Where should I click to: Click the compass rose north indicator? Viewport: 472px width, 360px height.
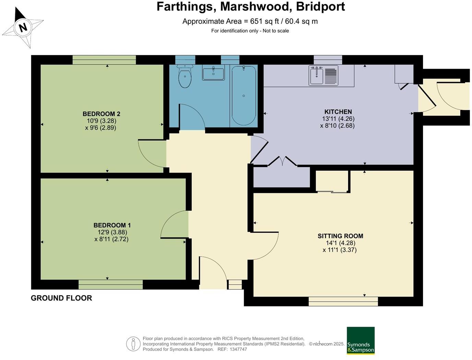[x=23, y=27]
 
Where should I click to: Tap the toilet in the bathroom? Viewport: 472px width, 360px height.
[x=185, y=77]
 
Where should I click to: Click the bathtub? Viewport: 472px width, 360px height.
[x=244, y=95]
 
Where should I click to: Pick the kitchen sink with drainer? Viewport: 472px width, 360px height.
[x=323, y=76]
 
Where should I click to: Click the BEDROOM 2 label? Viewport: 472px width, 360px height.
[x=101, y=114]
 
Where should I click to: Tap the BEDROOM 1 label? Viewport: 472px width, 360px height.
[x=112, y=225]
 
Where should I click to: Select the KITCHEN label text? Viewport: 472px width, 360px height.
[x=338, y=112]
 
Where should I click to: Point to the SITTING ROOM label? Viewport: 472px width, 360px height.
[x=340, y=236]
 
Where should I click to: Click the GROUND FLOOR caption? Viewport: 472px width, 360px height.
[x=61, y=298]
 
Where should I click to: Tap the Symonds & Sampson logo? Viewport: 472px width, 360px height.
[x=361, y=340]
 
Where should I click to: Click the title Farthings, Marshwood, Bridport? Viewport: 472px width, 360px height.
[x=251, y=7]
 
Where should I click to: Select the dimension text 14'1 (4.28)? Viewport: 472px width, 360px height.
[x=340, y=243]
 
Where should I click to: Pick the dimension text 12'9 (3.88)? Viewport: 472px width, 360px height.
[x=112, y=232]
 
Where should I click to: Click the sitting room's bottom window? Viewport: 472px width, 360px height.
[x=343, y=301]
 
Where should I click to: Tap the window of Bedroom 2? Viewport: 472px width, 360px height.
[x=104, y=60]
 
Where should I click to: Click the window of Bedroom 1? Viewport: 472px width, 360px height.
[x=110, y=284]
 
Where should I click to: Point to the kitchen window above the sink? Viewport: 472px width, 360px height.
[x=328, y=60]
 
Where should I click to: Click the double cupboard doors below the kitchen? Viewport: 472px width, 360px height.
[x=282, y=161]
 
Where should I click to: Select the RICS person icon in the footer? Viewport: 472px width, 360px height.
[x=133, y=344]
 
